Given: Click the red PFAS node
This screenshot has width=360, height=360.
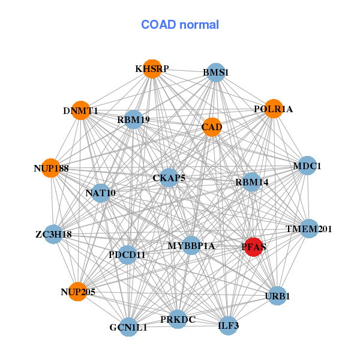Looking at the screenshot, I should (x=254, y=247).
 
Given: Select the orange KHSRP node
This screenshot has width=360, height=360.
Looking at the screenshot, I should (x=152, y=69).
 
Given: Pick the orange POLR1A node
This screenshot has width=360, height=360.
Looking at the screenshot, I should (x=273, y=109).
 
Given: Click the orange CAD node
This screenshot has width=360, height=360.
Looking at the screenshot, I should (x=211, y=127).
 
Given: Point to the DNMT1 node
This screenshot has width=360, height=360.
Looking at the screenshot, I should (x=80, y=110).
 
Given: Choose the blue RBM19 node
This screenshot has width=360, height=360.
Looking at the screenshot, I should (x=133, y=119).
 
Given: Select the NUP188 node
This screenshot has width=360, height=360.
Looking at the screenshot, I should (x=52, y=168).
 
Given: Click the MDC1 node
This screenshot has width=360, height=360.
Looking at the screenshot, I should (x=307, y=166).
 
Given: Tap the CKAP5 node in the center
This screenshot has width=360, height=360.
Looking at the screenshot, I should (x=169, y=178).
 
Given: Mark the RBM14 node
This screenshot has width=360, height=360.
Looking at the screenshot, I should (x=251, y=182).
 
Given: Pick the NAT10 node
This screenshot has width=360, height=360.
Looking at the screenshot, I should (x=100, y=193).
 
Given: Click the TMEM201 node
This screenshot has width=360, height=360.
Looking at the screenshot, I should (x=308, y=229).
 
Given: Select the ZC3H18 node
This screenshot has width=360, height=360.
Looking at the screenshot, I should (x=53, y=234).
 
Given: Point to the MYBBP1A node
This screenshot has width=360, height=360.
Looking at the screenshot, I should (x=191, y=245).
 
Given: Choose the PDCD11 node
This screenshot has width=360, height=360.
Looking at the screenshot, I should (x=127, y=255).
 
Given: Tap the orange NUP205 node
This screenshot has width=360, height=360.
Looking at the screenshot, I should (x=77, y=292).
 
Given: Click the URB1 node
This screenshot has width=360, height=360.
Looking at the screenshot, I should (x=277, y=296).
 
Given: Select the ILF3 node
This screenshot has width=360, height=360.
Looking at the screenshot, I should (x=229, y=326).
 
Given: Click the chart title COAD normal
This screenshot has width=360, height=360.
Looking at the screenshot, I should (x=180, y=25).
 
